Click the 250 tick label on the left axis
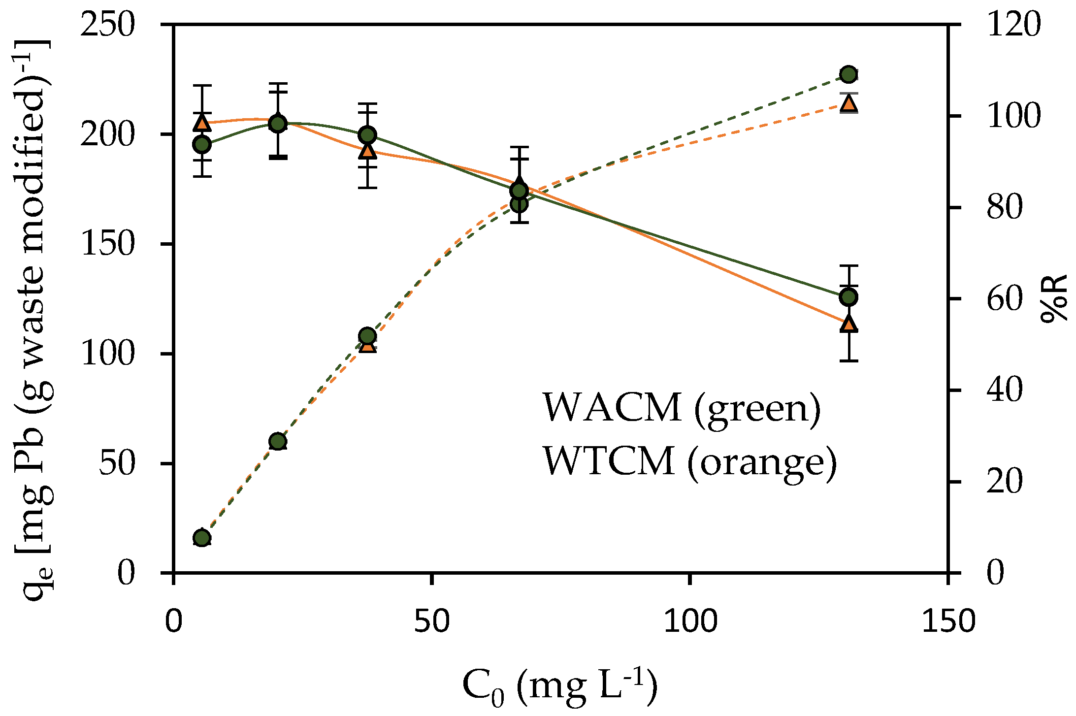(107, 25)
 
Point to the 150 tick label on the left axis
(107, 244)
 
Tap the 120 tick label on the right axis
(1013, 25)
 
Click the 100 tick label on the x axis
(690, 621)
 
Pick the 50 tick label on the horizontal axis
(431, 621)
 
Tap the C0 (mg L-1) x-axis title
(560, 686)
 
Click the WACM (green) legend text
(682, 408)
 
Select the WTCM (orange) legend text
(689, 461)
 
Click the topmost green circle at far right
(848, 75)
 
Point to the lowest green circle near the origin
(202, 538)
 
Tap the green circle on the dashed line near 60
(278, 441)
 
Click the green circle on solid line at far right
(848, 297)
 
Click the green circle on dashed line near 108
(367, 336)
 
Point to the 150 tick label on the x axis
(948, 621)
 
